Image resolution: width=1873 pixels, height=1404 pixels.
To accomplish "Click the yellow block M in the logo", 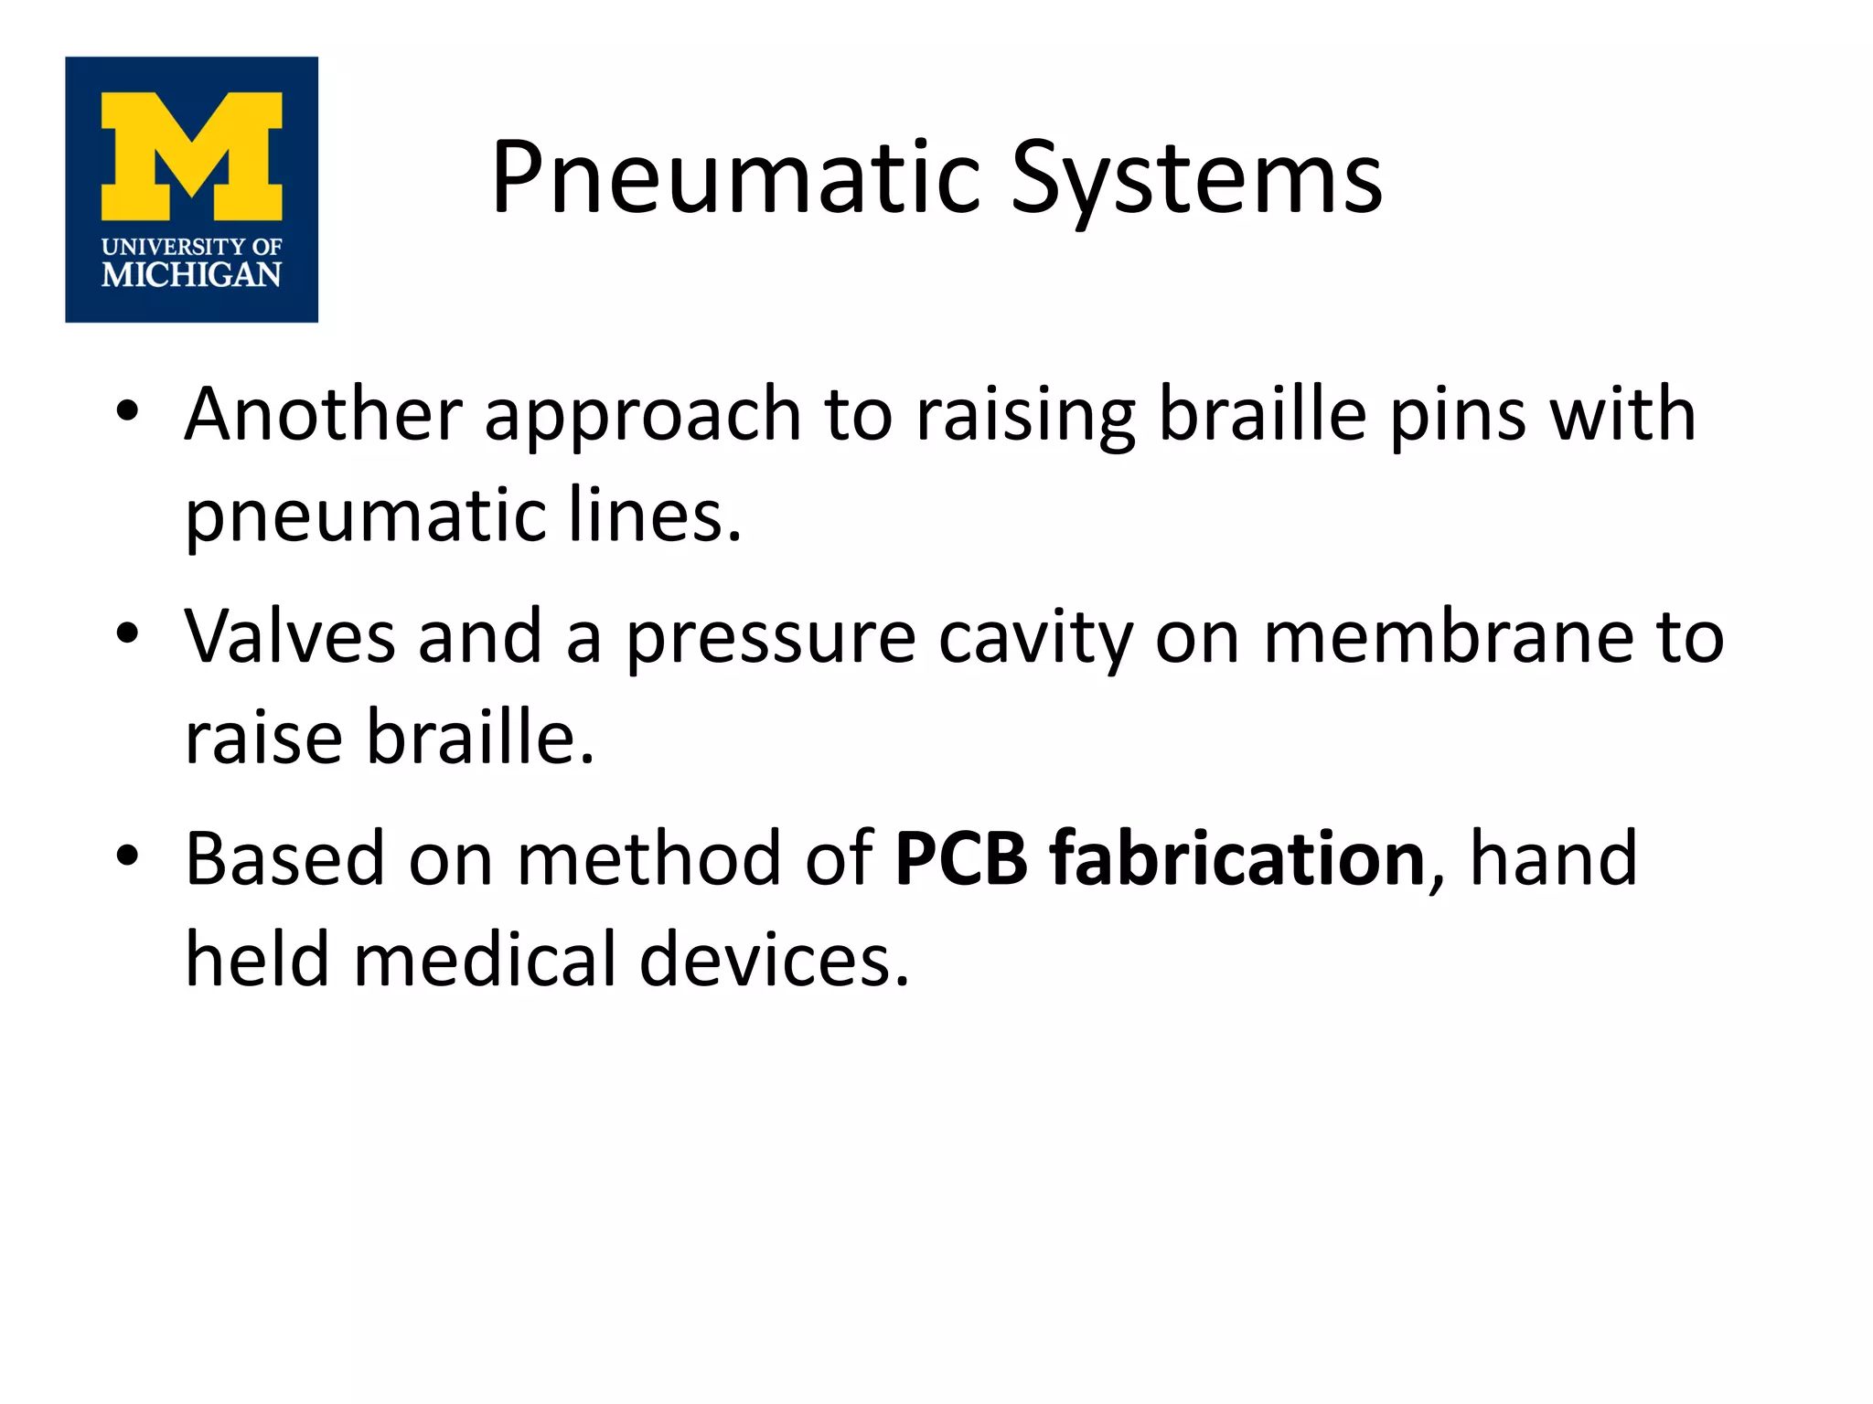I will point(191,155).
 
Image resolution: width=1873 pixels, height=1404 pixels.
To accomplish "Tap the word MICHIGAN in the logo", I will point(191,274).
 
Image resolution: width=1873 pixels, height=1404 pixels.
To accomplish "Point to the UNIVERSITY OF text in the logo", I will point(191,246).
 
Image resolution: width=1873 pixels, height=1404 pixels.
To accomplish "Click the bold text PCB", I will point(961,858).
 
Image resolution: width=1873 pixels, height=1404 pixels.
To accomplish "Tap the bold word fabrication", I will point(1236,858).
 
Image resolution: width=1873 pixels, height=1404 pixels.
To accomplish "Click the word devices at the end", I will point(774,959).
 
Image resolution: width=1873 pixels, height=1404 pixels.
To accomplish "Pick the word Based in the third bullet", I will point(284,858).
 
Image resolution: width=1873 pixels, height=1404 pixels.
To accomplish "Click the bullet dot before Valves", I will point(127,633).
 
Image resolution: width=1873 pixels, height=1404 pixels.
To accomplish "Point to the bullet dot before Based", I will point(127,855).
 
